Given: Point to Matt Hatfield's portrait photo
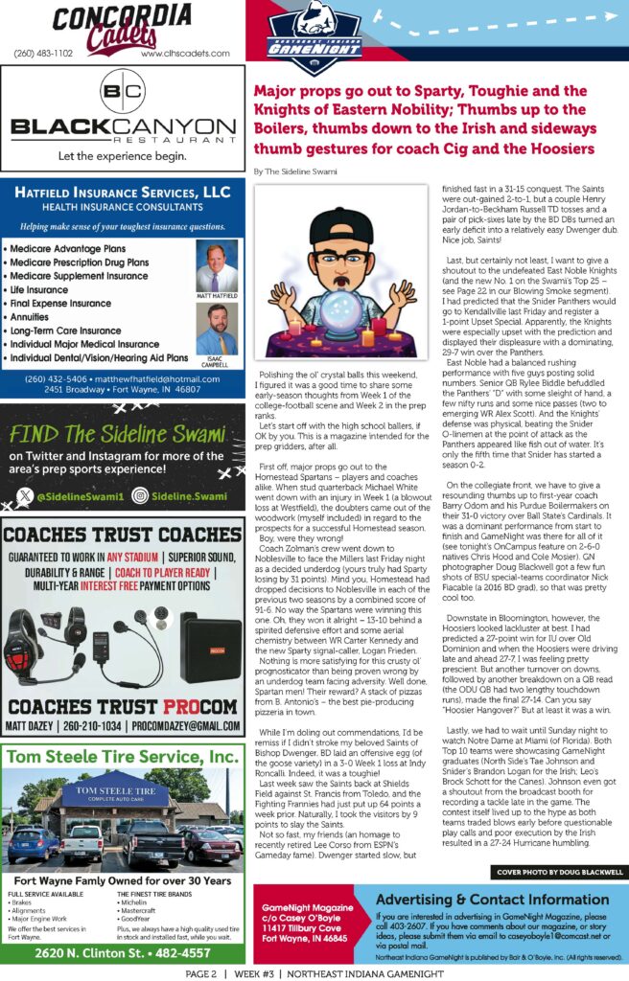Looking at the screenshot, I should pyautogui.click(x=217, y=266).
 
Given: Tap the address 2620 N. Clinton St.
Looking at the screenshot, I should pyautogui.click(x=122, y=952).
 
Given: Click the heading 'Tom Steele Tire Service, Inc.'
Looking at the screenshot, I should pyautogui.click(x=122, y=757).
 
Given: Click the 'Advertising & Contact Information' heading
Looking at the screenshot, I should pyautogui.click(x=493, y=900).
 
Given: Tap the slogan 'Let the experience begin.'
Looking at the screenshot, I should pyautogui.click(x=122, y=155).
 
